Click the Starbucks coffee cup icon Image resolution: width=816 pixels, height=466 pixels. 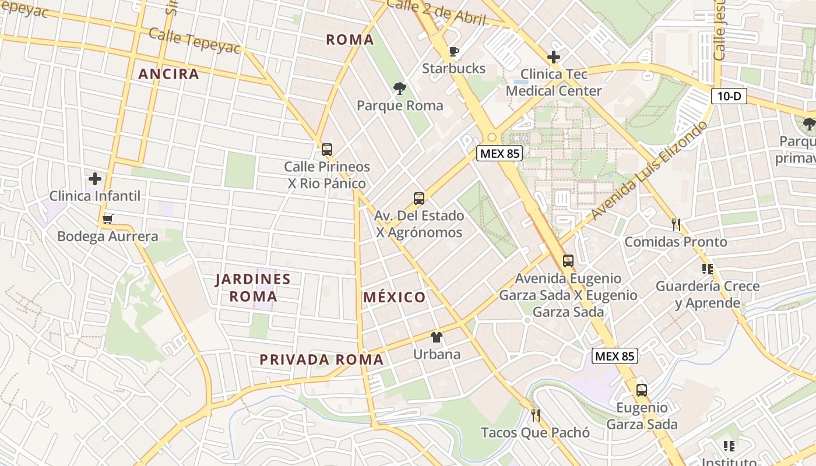(453, 51)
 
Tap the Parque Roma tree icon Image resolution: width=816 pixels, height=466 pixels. (400, 89)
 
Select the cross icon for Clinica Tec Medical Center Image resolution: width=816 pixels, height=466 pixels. (553, 57)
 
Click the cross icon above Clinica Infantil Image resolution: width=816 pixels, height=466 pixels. (94, 178)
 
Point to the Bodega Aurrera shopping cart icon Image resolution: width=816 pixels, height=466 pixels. (107, 220)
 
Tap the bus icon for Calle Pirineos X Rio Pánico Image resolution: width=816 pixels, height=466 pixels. (326, 149)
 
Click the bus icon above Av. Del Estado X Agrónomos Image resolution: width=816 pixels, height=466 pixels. (418, 198)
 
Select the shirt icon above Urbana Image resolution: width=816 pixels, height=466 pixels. (436, 337)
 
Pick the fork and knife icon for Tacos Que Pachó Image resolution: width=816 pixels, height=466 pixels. (536, 415)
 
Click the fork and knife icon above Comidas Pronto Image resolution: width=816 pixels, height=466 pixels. (676, 224)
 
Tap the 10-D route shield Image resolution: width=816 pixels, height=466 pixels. (729, 96)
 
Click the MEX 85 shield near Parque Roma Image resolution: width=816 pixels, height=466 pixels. (500, 153)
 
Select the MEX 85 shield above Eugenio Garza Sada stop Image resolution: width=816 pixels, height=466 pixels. (615, 355)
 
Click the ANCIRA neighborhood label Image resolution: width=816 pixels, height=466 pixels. (168, 74)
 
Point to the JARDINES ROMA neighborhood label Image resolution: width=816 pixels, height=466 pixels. (253, 287)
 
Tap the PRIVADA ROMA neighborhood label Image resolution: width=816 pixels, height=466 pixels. (321, 359)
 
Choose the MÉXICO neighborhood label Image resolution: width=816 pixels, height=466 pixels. (394, 297)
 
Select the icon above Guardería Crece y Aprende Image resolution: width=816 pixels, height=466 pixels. (708, 269)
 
